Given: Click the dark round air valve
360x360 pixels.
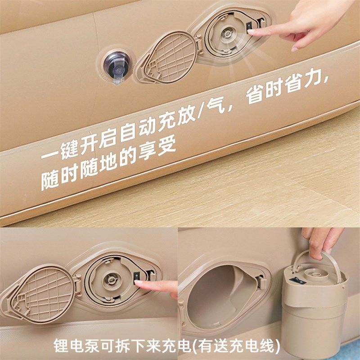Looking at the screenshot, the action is coord(116,67).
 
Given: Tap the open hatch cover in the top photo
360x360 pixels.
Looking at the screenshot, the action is coord(167,58).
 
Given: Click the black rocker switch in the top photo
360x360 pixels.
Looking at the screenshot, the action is coord(249,28).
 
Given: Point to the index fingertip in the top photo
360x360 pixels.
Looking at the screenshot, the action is coord(250,31).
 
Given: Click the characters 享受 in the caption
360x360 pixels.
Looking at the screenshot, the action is coord(157,150).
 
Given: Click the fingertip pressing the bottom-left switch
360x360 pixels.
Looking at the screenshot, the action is coord(138,284).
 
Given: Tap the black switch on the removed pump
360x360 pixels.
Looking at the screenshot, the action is coord(297,280).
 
